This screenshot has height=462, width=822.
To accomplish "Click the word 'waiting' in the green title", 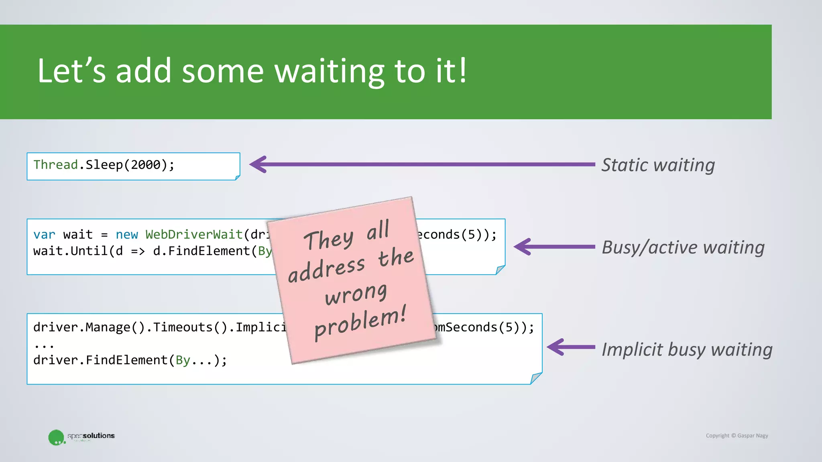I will [x=329, y=71].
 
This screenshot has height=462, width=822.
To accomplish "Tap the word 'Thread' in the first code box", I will [x=55, y=165].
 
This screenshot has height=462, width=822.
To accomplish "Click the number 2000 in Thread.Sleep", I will [x=145, y=165].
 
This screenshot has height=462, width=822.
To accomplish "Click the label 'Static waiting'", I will [x=658, y=165].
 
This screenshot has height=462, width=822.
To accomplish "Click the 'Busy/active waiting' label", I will [x=683, y=247].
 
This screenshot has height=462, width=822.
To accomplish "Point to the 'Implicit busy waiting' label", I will [x=687, y=350].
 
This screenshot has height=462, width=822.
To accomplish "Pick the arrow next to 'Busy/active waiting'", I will [x=554, y=247].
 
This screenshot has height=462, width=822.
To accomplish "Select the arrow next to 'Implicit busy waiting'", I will [x=571, y=347].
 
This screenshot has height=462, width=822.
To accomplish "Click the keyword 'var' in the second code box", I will [x=44, y=235].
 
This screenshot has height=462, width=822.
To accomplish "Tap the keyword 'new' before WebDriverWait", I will [x=126, y=235].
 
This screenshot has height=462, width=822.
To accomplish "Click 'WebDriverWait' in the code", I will [x=194, y=235].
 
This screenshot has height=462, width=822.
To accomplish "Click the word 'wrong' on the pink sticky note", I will [x=356, y=294].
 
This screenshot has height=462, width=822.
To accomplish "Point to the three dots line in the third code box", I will [x=44, y=345].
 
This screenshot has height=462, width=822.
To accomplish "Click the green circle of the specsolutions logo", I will [x=56, y=437].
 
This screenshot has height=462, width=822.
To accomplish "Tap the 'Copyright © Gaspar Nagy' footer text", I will [x=737, y=436].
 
